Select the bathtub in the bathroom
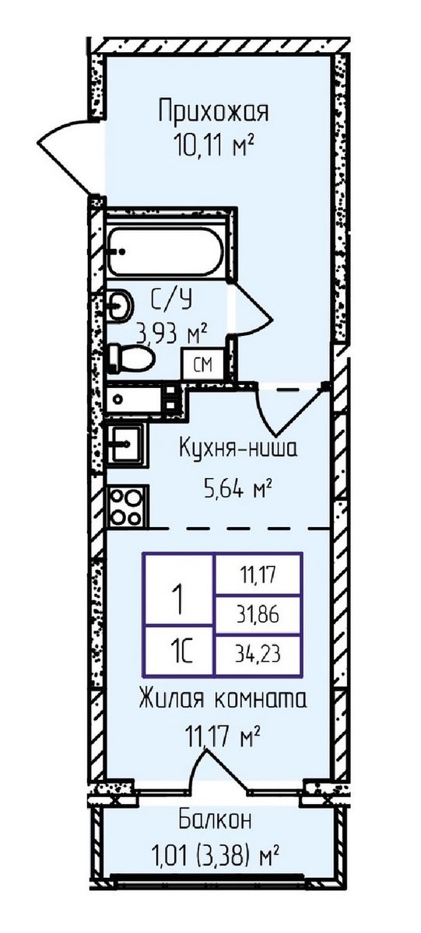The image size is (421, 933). click(x=166, y=250)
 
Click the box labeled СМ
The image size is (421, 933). click(x=202, y=364)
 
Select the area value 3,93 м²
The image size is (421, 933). click(x=170, y=334)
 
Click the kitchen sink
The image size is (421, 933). click(x=125, y=445)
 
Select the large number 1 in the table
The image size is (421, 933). click(x=177, y=600)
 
